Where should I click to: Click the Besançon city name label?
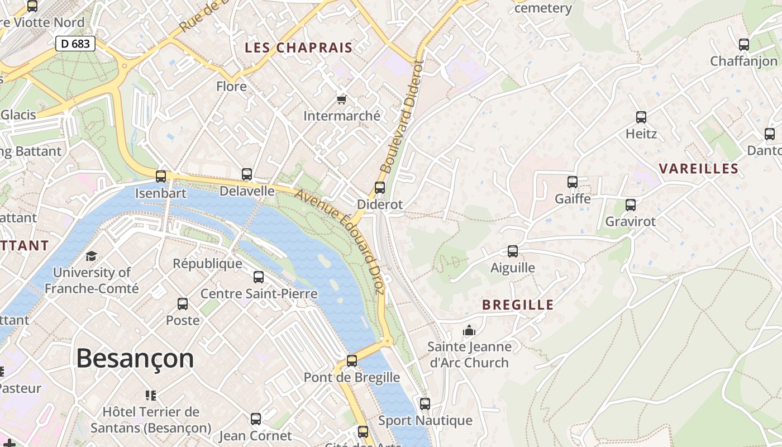pyautogui.click(x=135, y=358)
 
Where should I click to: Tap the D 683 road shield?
pyautogui.click(x=75, y=44)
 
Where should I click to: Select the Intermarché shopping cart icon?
pyautogui.click(x=341, y=99)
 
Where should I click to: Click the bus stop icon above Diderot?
pyautogui.click(x=380, y=188)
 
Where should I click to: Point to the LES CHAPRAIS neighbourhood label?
pyautogui.click(x=299, y=48)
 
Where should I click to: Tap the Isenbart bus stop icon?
pyautogui.click(x=161, y=177)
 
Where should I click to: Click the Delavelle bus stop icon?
pyautogui.click(x=247, y=174)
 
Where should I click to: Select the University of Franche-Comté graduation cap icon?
pyautogui.click(x=91, y=256)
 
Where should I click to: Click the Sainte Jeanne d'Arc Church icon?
pyautogui.click(x=469, y=330)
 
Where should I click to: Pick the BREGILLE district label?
pyautogui.click(x=518, y=305)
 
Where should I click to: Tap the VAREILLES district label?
pyautogui.click(x=698, y=169)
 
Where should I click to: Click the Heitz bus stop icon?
pyautogui.click(x=641, y=117)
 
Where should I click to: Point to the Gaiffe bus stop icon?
pyautogui.click(x=573, y=182)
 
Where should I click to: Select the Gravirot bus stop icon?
pyautogui.click(x=631, y=205)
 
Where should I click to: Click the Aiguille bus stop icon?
pyautogui.click(x=513, y=251)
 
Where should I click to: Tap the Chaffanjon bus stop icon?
pyautogui.click(x=743, y=45)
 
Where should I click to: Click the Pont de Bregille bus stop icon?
pyautogui.click(x=352, y=361)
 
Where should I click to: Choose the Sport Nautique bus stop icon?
pyautogui.click(x=425, y=404)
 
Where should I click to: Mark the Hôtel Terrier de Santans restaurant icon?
pyautogui.click(x=151, y=396)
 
